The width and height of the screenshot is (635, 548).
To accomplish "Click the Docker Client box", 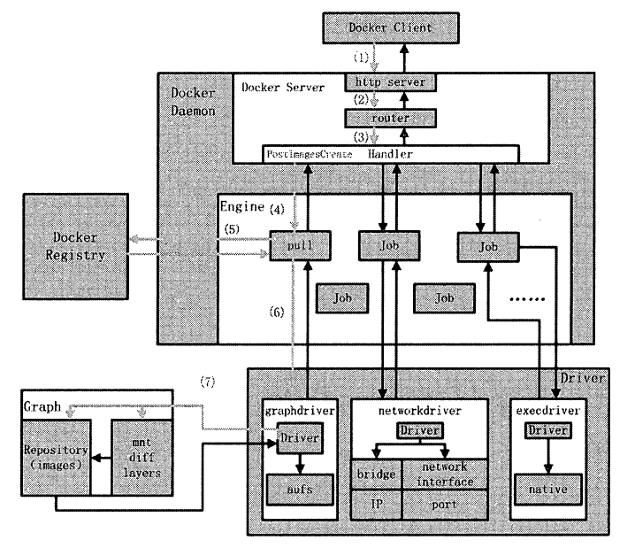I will point(390,28).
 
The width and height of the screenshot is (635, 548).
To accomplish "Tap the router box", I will point(390,118).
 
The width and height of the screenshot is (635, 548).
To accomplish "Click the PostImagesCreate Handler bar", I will point(390,155).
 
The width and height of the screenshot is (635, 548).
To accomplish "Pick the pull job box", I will point(292,244).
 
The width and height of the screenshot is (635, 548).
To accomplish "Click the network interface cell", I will point(444,474).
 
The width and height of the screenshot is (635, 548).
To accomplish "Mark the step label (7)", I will point(208,382).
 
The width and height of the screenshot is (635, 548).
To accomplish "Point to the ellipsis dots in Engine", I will point(531,300).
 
